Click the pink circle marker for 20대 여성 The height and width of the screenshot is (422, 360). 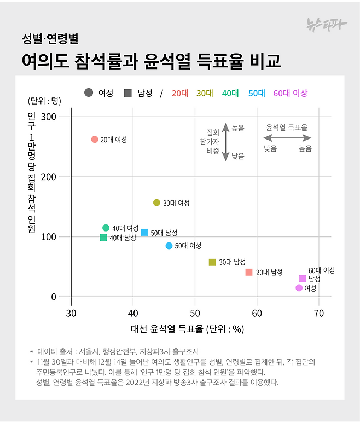[95, 140]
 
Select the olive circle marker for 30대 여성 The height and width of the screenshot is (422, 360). [156, 203]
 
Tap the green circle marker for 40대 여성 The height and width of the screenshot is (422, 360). [106, 228]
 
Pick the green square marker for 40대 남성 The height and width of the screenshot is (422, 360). [103, 238]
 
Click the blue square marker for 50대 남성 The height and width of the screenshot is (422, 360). [144, 232]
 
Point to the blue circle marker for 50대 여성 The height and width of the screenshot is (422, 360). [169, 246]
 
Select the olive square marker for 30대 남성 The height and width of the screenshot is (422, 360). [212, 262]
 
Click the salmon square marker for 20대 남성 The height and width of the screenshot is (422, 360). [249, 272]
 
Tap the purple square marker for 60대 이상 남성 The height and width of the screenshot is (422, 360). [303, 279]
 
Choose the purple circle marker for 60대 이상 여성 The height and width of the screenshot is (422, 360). [299, 288]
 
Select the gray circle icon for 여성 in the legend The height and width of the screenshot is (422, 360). [89, 93]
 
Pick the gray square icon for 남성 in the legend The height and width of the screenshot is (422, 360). [128, 93]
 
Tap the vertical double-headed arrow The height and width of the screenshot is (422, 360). [225, 142]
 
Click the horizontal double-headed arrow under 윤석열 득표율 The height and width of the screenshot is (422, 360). [287, 138]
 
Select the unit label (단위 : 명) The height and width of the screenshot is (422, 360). [44, 101]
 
